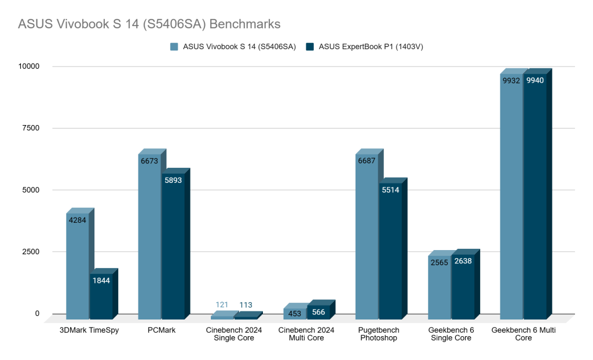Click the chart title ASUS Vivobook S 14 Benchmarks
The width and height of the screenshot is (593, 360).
pyautogui.click(x=149, y=24)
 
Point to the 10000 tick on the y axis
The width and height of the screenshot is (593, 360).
pyautogui.click(x=27, y=67)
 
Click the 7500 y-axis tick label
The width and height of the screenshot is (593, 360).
pyautogui.click(x=30, y=128)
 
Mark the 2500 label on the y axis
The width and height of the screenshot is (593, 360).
pyautogui.click(x=30, y=252)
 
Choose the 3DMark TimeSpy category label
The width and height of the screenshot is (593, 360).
pyautogui.click(x=89, y=330)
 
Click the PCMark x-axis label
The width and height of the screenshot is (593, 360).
pyautogui.click(x=162, y=330)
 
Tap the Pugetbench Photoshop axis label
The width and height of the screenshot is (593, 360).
pyautogui.click(x=379, y=334)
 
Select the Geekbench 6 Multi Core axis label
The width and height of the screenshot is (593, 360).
pyautogui.click(x=524, y=334)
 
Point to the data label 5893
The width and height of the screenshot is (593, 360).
pyautogui.click(x=173, y=180)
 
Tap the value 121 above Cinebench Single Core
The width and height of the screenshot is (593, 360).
pyautogui.click(x=222, y=305)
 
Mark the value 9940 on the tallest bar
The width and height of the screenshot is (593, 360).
pyautogui.click(x=535, y=80)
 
